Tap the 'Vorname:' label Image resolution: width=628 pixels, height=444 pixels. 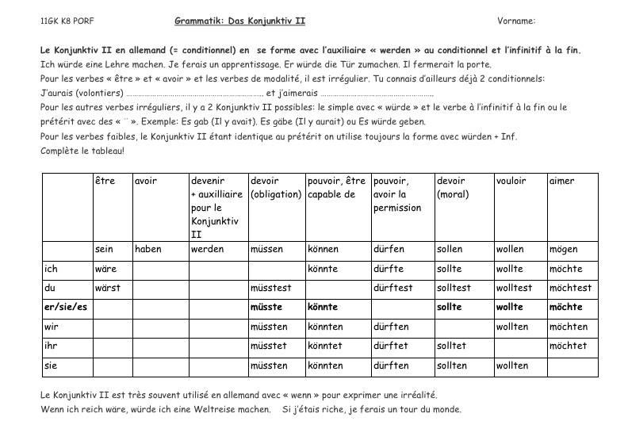pos(516,21)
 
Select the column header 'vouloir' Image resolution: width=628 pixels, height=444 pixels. pos(511,181)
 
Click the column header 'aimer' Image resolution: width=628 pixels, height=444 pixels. pos(561,181)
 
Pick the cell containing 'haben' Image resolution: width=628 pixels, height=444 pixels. pos(148,249)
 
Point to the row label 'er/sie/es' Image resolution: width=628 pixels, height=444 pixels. pos(64,307)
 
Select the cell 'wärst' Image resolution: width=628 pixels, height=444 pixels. pos(108,288)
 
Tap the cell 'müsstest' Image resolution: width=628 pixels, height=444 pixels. pos(272,288)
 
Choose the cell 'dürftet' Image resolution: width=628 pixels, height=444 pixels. pos(390,346)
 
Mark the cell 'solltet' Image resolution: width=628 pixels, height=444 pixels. pos(452,346)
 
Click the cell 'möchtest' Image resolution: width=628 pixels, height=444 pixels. pos(570,288)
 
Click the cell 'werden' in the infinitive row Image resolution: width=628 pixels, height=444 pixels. pos(207,249)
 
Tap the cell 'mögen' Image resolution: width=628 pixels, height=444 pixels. pos(564,249)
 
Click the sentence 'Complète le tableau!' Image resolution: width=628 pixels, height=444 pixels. pos(82,151)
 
